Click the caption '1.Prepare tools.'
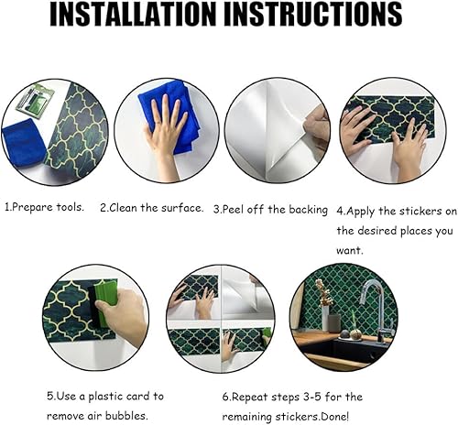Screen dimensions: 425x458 [x=45, y=208]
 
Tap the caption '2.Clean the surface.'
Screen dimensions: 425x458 [x=151, y=208]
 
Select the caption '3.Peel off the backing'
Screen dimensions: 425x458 [x=270, y=209]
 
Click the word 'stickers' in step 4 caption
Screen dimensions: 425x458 [x=406, y=209]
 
